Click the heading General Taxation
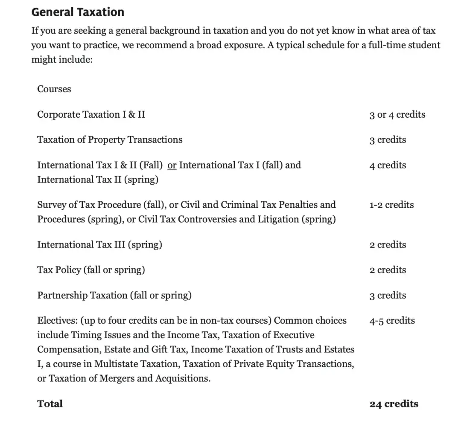tap(78, 12)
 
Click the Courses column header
tap(54, 89)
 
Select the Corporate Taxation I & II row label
tap(91, 114)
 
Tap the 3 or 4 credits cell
tap(397, 115)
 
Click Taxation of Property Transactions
tap(110, 140)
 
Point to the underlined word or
tap(172, 166)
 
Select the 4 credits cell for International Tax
tap(388, 166)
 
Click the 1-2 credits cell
tap(391, 205)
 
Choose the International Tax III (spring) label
tap(99, 245)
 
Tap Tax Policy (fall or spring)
tap(91, 270)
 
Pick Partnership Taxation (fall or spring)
tap(114, 296)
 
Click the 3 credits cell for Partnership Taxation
tap(388, 296)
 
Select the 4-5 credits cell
tap(392, 321)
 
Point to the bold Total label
tap(50, 404)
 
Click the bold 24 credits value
tap(394, 404)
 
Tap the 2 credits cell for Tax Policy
tap(388, 270)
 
